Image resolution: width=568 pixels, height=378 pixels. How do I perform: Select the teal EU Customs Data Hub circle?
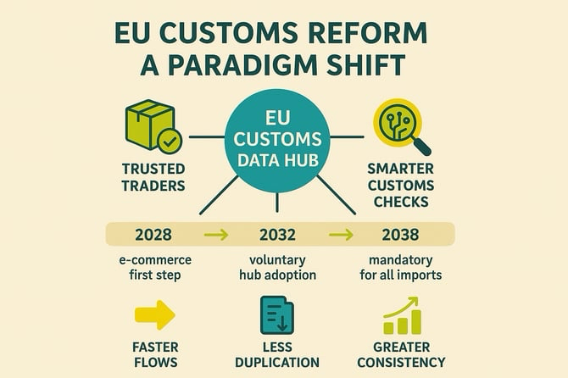pyautogui.click(x=278, y=135)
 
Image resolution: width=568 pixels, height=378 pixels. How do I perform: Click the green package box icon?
pyautogui.click(x=149, y=125)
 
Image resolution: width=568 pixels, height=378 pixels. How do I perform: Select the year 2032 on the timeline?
pyautogui.click(x=277, y=233)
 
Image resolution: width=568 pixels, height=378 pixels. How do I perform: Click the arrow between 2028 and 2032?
pyautogui.click(x=216, y=234)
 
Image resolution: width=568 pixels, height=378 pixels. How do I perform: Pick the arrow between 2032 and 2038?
pyautogui.click(x=340, y=234)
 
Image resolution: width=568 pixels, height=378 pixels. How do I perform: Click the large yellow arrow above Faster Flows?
pyautogui.click(x=155, y=315)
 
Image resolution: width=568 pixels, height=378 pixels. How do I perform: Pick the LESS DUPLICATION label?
pyautogui.click(x=277, y=354)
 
